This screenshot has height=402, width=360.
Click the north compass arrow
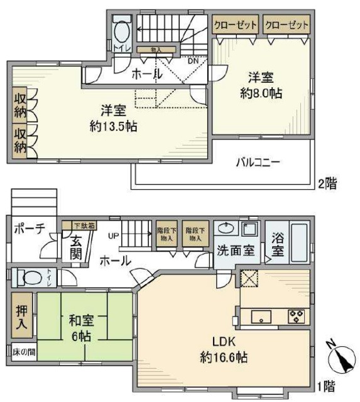tap(341, 359)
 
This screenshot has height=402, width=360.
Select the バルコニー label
tap(258, 161)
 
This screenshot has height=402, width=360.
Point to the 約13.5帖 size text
tap(114, 126)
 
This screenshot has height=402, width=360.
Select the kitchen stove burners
tap(295, 317)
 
